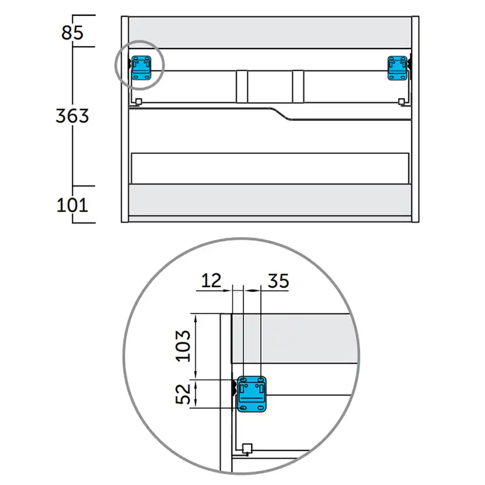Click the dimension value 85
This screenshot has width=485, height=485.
tap(73, 32)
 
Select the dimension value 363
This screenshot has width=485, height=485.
tap(73, 116)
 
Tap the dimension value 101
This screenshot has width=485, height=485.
tap(73, 205)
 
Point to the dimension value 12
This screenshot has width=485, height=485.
tap(211, 280)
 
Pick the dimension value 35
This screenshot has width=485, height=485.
tap(278, 281)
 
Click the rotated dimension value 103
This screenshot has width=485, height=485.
tap(183, 346)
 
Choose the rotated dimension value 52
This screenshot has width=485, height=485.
tap(183, 394)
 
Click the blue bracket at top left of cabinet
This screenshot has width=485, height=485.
tap(142, 68)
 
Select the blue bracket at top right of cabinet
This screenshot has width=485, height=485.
tap(398, 68)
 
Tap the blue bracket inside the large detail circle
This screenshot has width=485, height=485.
tap(251, 394)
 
